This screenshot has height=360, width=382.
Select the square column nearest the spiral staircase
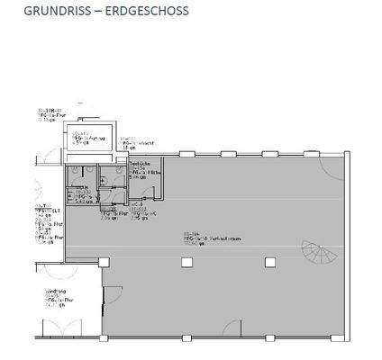[269, 262]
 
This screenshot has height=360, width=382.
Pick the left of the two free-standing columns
[186, 262]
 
